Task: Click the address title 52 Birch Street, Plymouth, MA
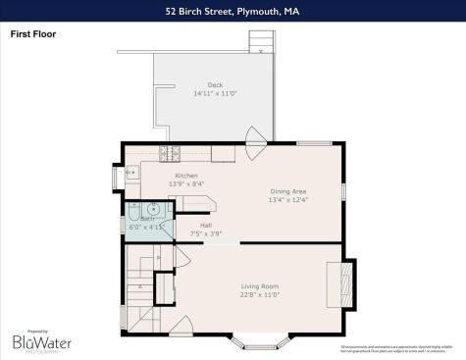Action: pos(233,11)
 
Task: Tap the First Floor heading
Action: pos(32,33)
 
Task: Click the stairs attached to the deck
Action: pos(260,40)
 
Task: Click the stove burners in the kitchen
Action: pos(169,153)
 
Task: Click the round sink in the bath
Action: pos(154,208)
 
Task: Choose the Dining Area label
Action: pos(288,191)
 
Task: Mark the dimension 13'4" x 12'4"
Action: pos(288,200)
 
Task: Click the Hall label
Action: pos(206,225)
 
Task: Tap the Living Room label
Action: pos(260,286)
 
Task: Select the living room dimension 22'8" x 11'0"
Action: pos(260,295)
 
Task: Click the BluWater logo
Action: pos(39,342)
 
